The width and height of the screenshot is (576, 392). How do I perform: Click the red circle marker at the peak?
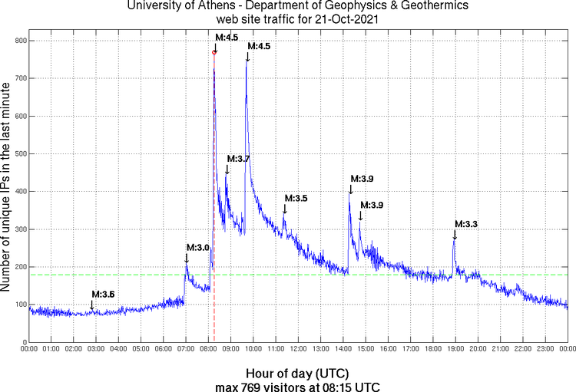pyautogui.click(x=214, y=52)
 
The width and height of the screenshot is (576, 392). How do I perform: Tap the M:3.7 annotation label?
pyautogui.click(x=238, y=159)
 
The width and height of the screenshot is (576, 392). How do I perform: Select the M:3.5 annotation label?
pyautogui.click(x=296, y=199)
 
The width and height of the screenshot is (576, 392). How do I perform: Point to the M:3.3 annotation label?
pyautogui.click(x=466, y=224)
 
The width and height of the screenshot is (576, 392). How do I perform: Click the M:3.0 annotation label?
pyautogui.click(x=197, y=248)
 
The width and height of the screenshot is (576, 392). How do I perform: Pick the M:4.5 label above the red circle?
pyautogui.click(x=227, y=37)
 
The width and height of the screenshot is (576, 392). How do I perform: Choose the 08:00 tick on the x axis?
pyautogui.click(x=209, y=349)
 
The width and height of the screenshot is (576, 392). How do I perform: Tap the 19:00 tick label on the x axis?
pyautogui.click(x=455, y=349)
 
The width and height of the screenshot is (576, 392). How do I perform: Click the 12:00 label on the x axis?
pyautogui.click(x=299, y=349)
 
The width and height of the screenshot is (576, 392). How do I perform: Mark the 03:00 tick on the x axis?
pyautogui.click(x=97, y=349)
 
